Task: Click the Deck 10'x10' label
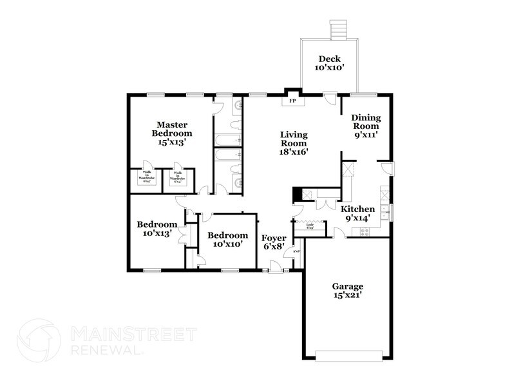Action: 330,63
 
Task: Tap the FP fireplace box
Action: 292,101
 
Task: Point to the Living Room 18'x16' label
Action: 294,144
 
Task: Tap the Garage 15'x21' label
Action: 348,290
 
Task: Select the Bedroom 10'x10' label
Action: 227,240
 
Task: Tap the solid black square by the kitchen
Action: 297,195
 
